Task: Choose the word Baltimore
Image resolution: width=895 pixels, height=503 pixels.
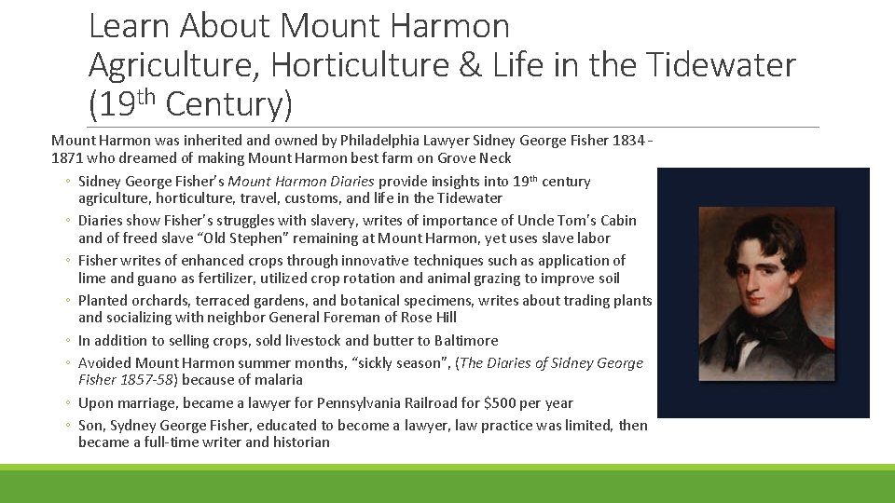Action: [x=465, y=341]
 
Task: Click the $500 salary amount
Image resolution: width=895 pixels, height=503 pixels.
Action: [x=502, y=403]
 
